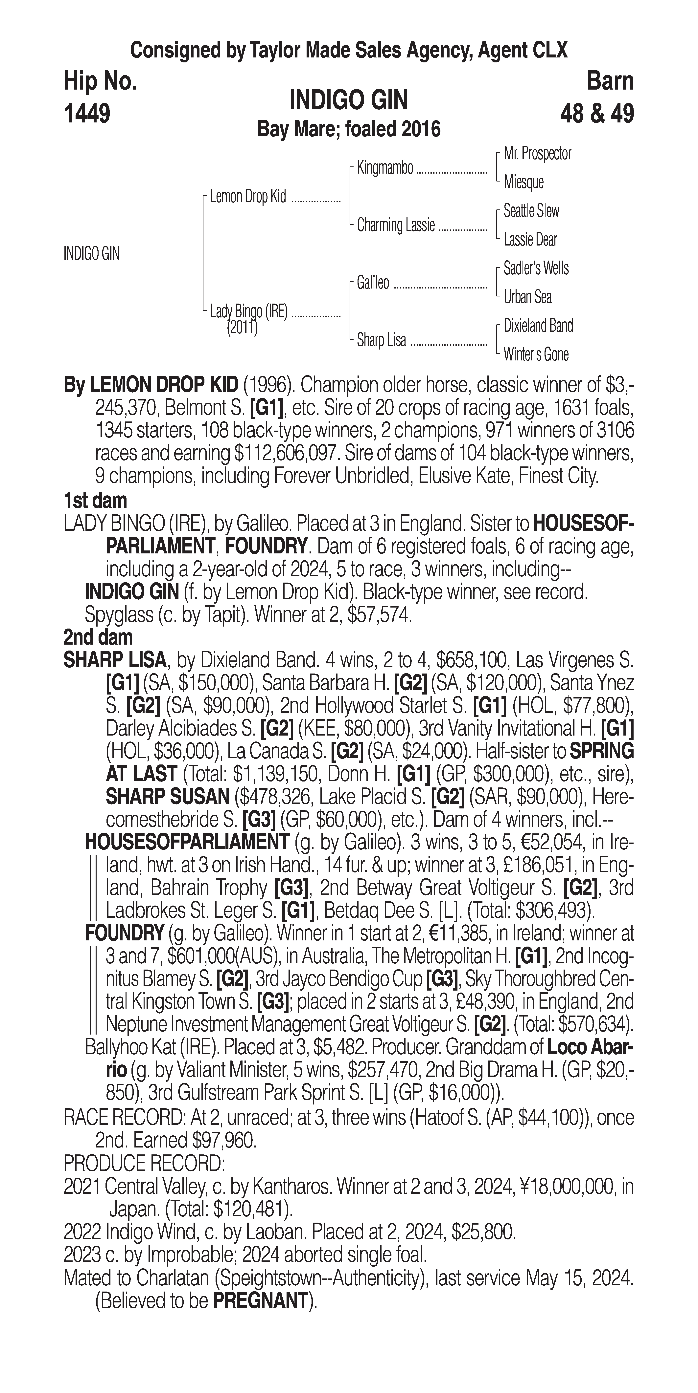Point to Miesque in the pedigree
tap(523, 182)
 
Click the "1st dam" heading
tap(95, 501)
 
